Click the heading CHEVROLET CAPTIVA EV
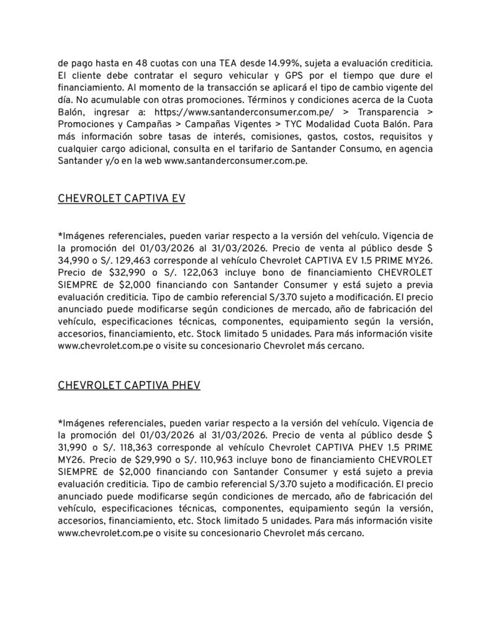(122, 199)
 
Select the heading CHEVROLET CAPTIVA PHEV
(129, 385)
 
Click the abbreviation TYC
(296, 125)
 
